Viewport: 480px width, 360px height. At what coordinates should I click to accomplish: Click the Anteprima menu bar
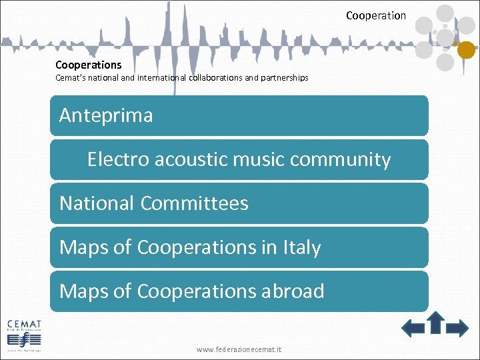(239, 115)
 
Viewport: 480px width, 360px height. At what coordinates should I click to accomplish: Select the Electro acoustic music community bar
(239, 159)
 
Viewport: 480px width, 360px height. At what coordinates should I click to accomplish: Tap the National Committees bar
(239, 203)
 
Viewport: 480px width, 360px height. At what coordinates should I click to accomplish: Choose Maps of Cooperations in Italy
(239, 247)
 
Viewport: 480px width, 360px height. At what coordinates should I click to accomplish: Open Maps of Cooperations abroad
(239, 291)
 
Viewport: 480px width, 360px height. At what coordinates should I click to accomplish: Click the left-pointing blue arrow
(413, 327)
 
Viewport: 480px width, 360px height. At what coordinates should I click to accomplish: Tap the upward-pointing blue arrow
(435, 323)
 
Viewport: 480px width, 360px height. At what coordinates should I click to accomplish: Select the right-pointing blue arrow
(457, 327)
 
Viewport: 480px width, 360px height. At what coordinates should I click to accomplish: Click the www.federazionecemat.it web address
(239, 349)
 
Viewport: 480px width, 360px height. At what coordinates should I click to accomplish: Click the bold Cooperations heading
(88, 65)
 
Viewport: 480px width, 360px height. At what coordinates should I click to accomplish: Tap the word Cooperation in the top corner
(375, 15)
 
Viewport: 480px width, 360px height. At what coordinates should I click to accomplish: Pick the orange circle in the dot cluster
(466, 49)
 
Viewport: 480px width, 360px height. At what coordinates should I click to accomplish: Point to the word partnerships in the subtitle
(286, 78)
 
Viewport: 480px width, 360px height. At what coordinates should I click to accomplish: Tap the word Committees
(194, 203)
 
